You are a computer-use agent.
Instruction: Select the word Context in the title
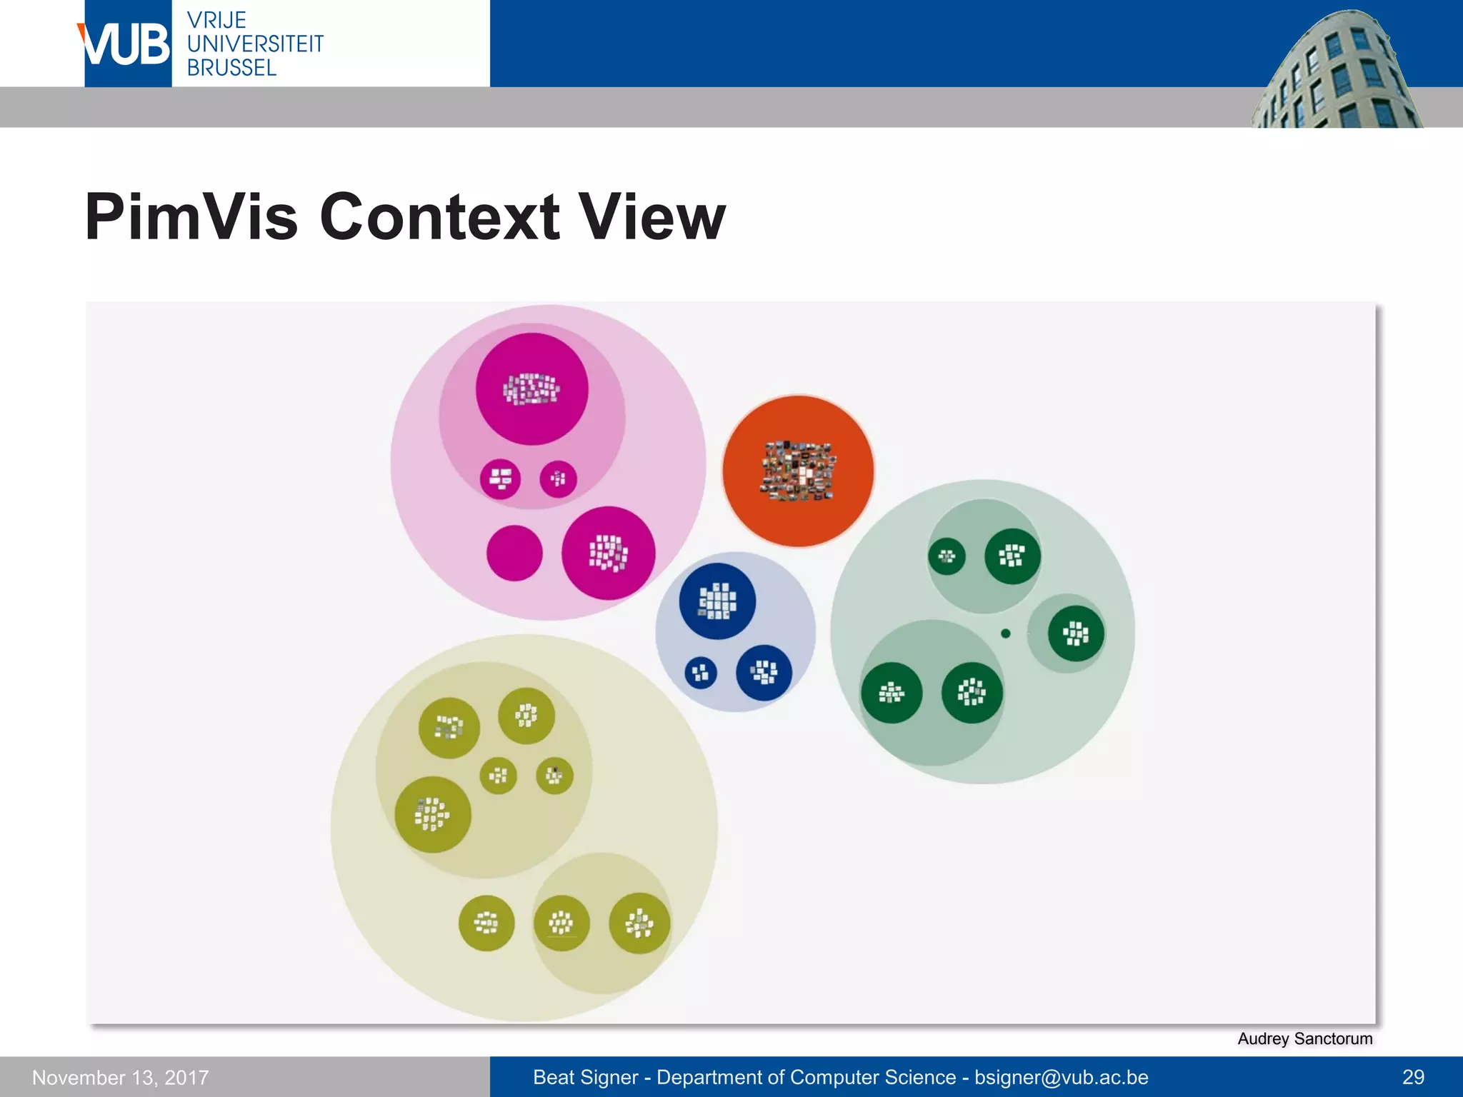439,217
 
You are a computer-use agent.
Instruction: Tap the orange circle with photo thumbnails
798,471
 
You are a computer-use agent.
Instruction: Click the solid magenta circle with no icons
514,553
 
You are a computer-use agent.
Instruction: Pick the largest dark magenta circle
532,389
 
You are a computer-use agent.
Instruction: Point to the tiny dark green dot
1006,633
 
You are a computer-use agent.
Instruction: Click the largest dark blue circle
717,601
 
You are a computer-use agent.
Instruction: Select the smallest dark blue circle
701,673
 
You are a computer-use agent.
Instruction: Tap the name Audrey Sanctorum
1304,1038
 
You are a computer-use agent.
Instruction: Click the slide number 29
1413,1077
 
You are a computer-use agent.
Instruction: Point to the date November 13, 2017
121,1077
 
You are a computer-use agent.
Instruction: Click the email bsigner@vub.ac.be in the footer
1062,1077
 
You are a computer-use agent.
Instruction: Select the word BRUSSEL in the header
231,68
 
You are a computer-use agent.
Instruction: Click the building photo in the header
1336,71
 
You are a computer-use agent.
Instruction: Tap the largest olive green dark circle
433,814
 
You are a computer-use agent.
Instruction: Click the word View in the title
651,217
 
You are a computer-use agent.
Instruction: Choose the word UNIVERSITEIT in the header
255,44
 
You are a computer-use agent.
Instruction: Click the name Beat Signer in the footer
585,1077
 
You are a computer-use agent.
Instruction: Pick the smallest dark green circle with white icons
947,556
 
